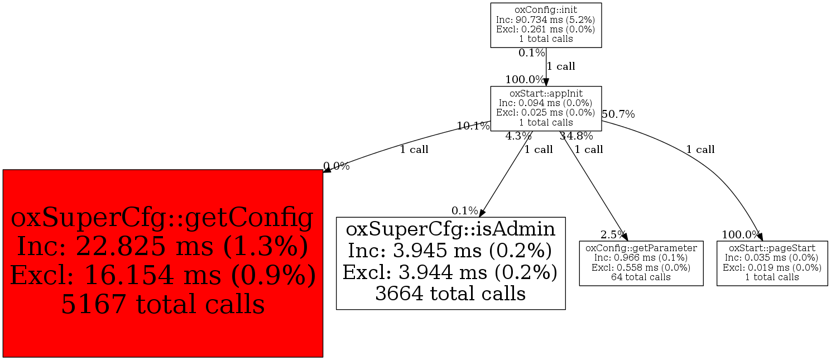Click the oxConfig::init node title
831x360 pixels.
click(x=546, y=10)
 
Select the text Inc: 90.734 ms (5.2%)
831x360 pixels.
click(x=546, y=20)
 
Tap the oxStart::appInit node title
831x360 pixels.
click(x=546, y=94)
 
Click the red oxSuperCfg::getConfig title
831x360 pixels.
click(x=162, y=218)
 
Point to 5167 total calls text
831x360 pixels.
click(x=162, y=304)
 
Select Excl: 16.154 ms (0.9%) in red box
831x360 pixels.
click(x=162, y=275)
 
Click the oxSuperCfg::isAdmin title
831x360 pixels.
click(x=451, y=229)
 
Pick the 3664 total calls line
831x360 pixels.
click(x=451, y=294)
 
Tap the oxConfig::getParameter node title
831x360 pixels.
click(x=641, y=248)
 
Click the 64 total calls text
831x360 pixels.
click(x=641, y=277)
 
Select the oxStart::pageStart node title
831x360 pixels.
click(x=772, y=248)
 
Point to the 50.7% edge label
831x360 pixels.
click(x=618, y=114)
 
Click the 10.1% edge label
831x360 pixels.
click(x=473, y=126)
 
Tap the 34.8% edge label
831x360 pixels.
click(x=576, y=136)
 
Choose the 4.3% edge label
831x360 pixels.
click(x=518, y=136)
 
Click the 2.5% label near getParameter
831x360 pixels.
click(x=613, y=234)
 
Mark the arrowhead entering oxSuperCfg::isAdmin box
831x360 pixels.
click(x=482, y=213)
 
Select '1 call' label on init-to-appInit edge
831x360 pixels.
click(x=561, y=66)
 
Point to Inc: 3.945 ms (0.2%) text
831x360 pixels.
click(x=450, y=251)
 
